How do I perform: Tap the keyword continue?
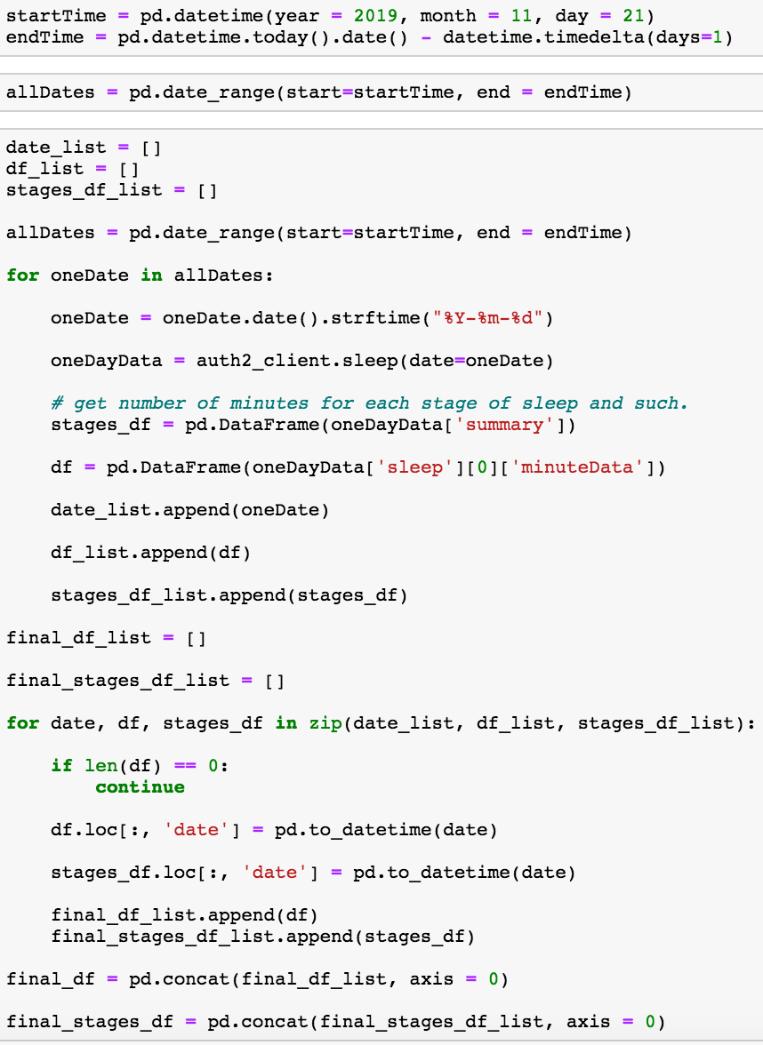(x=140, y=787)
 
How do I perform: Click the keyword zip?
(x=325, y=723)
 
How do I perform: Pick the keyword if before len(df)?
(x=62, y=766)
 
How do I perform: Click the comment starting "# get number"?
(x=369, y=403)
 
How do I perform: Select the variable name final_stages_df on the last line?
(x=90, y=1022)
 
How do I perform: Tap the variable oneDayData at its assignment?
(x=107, y=361)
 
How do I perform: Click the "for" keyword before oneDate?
(x=23, y=275)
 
